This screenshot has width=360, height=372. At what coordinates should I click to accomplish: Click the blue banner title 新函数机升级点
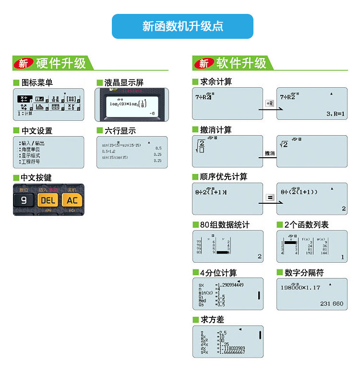[x=182, y=26]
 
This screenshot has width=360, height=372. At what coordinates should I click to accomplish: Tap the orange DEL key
[x=48, y=200]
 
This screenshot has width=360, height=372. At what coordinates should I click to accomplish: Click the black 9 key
[x=24, y=200]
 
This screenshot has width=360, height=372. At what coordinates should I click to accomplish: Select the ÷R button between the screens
[x=269, y=103]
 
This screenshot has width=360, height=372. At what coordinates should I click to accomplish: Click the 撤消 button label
[x=270, y=153]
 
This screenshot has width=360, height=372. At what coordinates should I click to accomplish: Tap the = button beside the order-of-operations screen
[x=270, y=198]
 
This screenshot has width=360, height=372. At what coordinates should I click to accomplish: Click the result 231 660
[x=332, y=303]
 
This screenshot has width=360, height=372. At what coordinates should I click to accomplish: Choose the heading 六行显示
[x=120, y=130]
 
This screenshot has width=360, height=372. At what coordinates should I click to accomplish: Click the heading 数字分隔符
[x=304, y=272]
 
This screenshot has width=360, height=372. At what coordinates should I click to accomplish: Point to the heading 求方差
[x=212, y=319]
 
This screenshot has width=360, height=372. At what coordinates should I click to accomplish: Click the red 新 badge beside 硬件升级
[x=23, y=63]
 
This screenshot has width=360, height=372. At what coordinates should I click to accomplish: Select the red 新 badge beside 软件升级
[x=204, y=63]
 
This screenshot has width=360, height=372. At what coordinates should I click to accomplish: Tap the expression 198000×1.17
[x=300, y=288]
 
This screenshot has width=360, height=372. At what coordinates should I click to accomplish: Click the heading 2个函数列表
[x=306, y=224]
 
